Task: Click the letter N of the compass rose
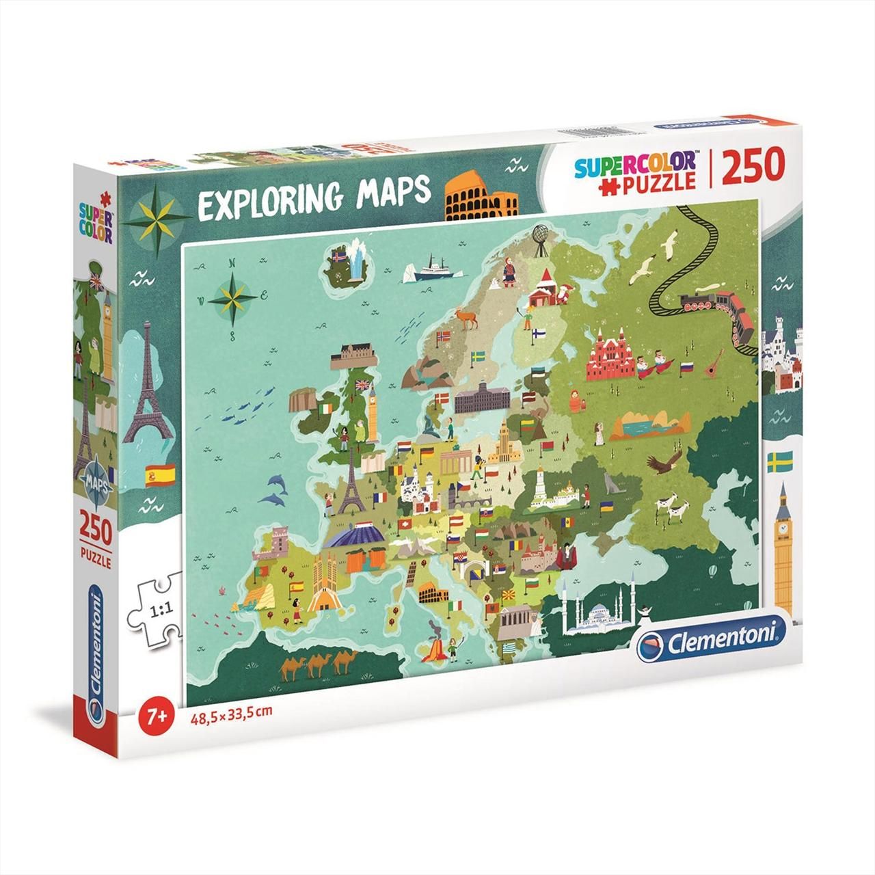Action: [x=232, y=262]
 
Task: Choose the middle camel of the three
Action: [x=318, y=663]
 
